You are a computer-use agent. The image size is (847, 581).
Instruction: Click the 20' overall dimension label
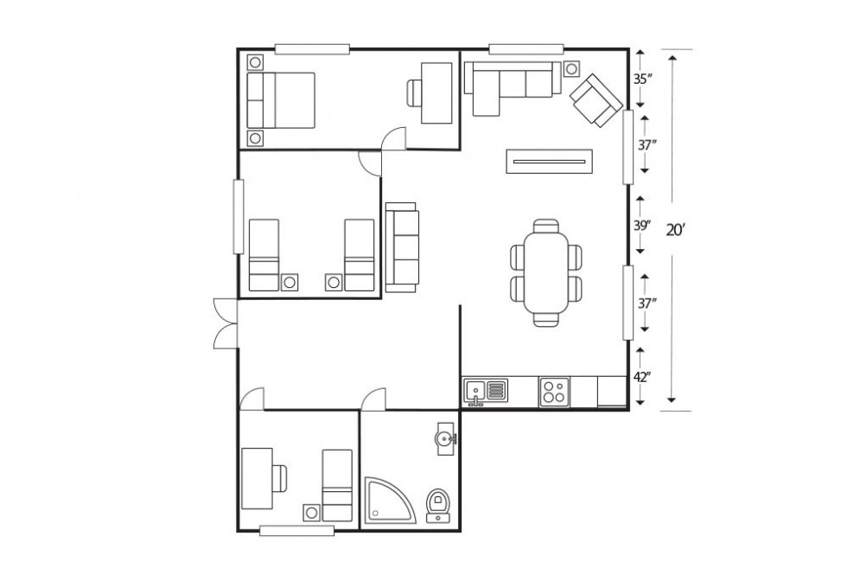(676, 230)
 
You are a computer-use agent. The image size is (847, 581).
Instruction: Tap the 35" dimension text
(641, 79)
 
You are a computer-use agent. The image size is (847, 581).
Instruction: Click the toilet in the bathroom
(438, 503)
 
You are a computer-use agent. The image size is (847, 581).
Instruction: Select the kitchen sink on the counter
(485, 392)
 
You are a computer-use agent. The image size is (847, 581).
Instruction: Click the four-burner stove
(554, 392)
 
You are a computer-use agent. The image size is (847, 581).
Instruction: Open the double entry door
(226, 323)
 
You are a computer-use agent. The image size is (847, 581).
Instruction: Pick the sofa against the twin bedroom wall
(402, 247)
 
